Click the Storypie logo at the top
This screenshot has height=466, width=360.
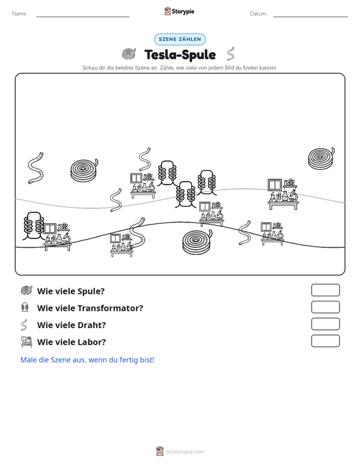tap(179, 11)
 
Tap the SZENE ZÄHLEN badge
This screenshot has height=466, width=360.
tap(180, 39)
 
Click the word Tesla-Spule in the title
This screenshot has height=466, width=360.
tap(180, 55)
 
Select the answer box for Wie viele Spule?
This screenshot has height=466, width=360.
tap(325, 290)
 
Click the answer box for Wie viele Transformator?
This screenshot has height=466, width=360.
tap(325, 307)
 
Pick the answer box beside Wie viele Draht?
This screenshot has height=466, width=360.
tap(325, 324)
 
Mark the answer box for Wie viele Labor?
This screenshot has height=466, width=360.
tap(325, 341)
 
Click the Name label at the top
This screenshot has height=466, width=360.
tap(20, 14)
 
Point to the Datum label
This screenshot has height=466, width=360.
tap(258, 14)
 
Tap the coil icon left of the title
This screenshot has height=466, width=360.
tap(129, 54)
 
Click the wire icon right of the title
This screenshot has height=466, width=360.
tap(230, 54)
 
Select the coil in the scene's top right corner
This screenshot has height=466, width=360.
tap(321, 158)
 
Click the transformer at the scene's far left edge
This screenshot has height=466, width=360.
tap(33, 226)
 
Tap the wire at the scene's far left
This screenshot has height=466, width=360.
tap(36, 168)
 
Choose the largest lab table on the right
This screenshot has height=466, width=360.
tap(282, 194)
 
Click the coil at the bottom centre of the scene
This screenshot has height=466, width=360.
tap(197, 242)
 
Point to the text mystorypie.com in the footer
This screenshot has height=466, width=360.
tap(184, 452)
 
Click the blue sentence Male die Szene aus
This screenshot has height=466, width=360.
tap(87, 360)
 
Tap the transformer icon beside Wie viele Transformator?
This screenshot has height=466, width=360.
tap(25, 307)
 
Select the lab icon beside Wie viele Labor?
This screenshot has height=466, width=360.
tap(27, 342)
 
